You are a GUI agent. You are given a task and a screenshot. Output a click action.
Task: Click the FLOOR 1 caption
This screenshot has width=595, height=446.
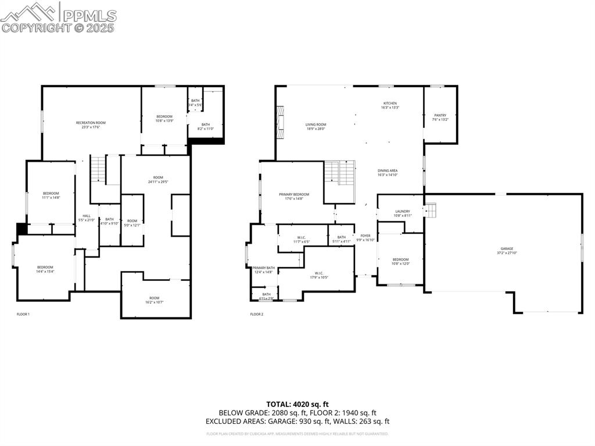23,314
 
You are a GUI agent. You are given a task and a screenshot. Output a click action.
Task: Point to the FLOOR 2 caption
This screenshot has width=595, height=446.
257,314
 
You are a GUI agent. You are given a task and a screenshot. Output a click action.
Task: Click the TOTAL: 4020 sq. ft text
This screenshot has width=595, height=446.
297,404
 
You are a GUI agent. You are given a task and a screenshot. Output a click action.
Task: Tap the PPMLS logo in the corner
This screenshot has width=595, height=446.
58,17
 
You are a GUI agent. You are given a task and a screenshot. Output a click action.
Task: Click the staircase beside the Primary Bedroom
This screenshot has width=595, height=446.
339,173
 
